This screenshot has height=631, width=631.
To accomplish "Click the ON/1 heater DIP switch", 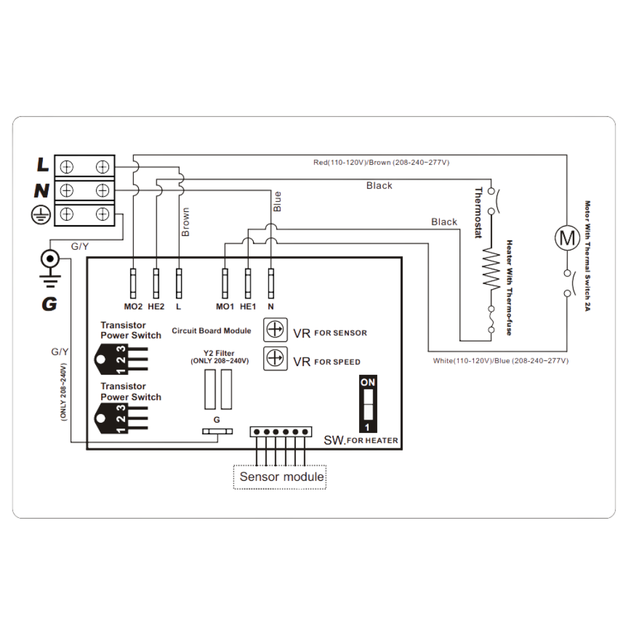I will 367,404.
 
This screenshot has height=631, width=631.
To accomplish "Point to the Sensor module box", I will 281,477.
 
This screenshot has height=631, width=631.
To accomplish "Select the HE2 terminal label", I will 156,307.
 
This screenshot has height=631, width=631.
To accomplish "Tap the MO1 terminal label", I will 225,307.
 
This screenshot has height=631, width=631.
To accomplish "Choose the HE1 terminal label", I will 248,307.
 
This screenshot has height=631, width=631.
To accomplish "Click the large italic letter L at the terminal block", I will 43,166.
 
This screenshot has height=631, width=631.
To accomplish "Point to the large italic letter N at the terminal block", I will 42,189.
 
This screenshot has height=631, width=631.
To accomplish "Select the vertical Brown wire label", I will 185,221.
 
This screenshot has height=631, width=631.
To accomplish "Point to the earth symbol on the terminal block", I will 41,215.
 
